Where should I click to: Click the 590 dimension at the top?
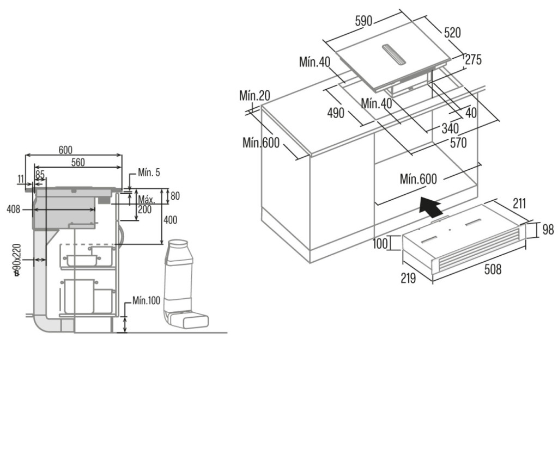coord(363,21)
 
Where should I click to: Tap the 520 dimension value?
coord(452,33)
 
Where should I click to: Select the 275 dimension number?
coord(473,59)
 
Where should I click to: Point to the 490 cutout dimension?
coord(336,113)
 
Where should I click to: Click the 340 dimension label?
coord(450,129)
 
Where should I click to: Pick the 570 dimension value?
coord(458,143)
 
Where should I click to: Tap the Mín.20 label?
coord(254,96)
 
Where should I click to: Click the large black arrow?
coord(430,207)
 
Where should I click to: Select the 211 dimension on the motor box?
coord(519,204)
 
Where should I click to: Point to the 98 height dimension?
coord(548,230)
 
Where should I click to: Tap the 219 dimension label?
coord(408,278)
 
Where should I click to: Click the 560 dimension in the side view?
coord(78,162)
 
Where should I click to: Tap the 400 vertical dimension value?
coord(171,220)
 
